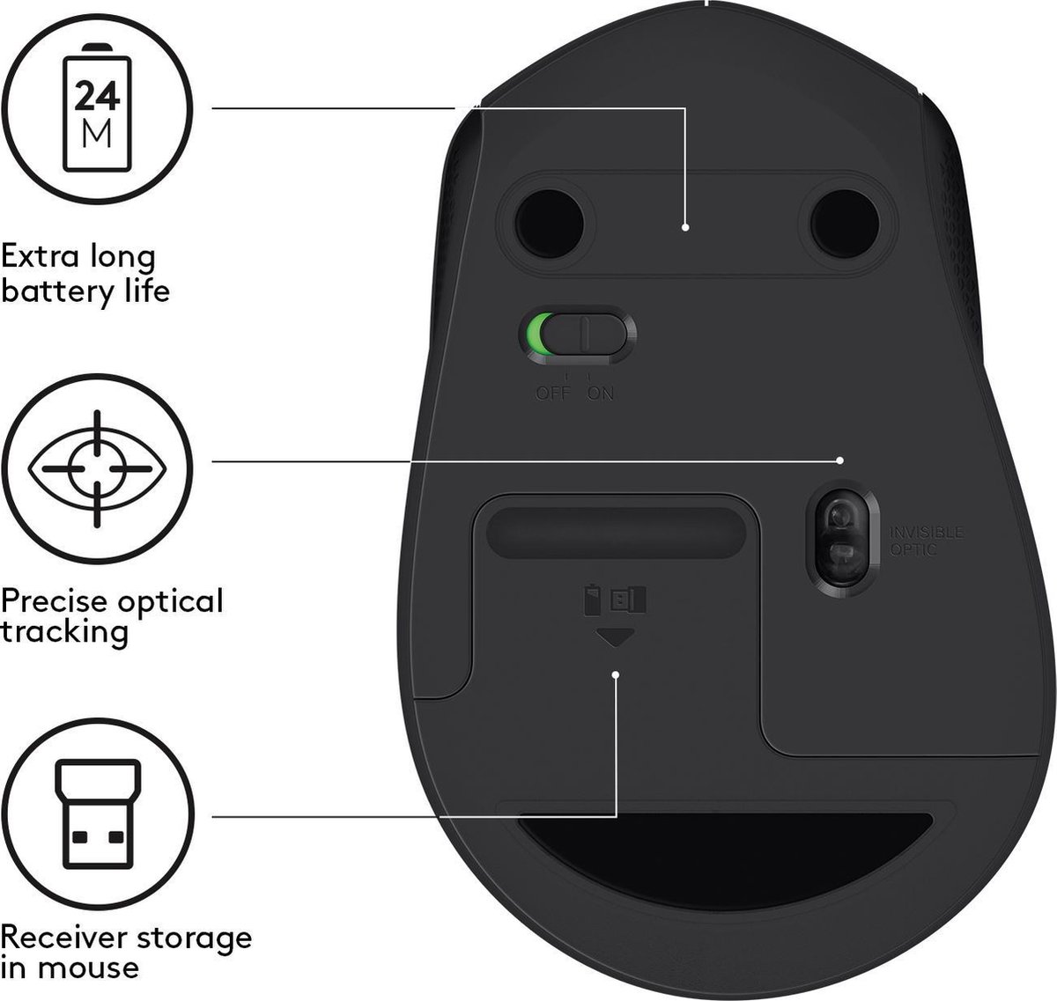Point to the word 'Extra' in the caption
37,258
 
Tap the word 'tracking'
64,632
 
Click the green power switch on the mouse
577,335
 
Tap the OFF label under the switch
553,393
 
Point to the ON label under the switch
601,393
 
